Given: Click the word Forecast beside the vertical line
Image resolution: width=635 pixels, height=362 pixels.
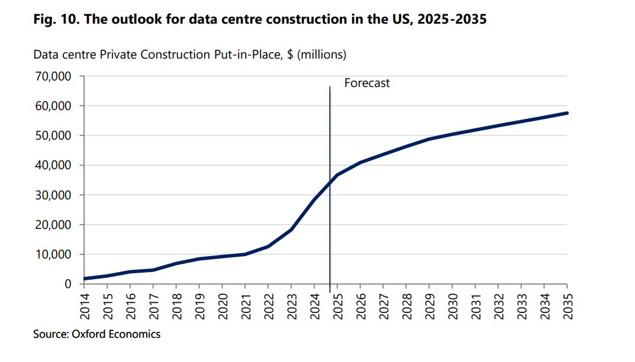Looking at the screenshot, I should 367,83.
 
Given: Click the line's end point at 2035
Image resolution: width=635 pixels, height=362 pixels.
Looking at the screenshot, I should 567,113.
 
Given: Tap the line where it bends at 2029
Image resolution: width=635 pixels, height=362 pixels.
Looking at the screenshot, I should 429,139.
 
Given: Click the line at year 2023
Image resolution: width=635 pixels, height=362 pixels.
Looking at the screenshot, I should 291,230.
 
